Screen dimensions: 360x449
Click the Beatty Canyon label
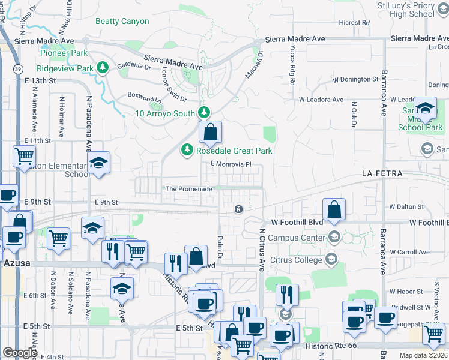pyautogui.click(x=122, y=21)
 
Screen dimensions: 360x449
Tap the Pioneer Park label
pyautogui.click(x=62, y=52)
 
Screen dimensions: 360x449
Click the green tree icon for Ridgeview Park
pyautogui.click(x=103, y=68)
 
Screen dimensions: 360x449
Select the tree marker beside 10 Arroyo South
pyautogui.click(x=205, y=112)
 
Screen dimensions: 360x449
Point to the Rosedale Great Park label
pyautogui.click(x=235, y=151)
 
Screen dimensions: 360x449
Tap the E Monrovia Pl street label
pyautogui.click(x=229, y=164)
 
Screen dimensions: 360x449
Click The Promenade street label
pyautogui.click(x=189, y=189)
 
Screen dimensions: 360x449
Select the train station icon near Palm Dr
pyautogui.click(x=238, y=209)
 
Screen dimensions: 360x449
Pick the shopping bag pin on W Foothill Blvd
pyautogui.click(x=334, y=209)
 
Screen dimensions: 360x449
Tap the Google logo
pyautogui.click(x=20, y=353)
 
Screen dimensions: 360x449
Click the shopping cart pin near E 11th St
pyautogui.click(x=25, y=157)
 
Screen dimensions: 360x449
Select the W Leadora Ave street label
pyautogui.click(x=321, y=100)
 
